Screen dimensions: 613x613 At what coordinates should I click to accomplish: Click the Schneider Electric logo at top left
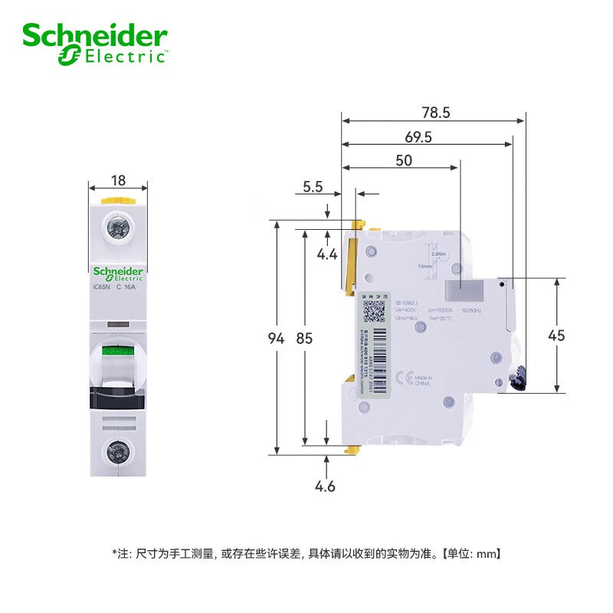[94, 42]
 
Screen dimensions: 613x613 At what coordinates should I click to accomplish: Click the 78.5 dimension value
[434, 112]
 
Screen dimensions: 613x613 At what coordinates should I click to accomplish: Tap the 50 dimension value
[403, 160]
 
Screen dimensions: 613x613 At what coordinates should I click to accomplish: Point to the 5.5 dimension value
[312, 186]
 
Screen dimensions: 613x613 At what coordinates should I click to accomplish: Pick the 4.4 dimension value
[327, 254]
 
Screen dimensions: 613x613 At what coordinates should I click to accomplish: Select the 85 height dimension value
[305, 338]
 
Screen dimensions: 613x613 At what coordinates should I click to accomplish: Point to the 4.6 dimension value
[326, 486]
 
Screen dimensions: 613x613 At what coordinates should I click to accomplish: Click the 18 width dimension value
[118, 181]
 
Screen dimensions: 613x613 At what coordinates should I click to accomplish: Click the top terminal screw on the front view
[118, 228]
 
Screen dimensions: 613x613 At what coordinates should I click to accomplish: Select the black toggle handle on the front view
[118, 398]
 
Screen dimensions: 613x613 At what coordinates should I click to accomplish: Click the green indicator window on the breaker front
[118, 352]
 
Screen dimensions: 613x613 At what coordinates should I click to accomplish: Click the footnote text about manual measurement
[306, 552]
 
